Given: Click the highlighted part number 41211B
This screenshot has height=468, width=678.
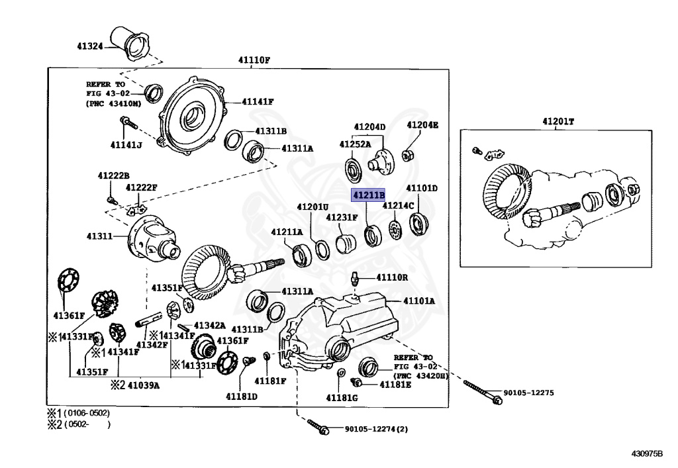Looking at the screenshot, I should click(368, 196).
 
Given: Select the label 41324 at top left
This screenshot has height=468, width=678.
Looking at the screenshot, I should click(89, 47).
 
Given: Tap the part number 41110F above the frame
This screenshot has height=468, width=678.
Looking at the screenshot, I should click(255, 60).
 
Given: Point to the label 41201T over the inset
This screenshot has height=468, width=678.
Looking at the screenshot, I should click(558, 121).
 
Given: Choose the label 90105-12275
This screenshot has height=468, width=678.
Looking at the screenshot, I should click(528, 393).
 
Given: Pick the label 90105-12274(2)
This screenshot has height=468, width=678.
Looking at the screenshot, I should click(376, 429).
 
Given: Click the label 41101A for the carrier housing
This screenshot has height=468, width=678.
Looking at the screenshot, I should click(420, 301).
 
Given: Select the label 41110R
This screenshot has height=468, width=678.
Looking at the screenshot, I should click(392, 277).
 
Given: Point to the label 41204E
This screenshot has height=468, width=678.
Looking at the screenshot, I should click(422, 125).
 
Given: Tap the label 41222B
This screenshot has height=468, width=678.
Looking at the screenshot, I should click(114, 175).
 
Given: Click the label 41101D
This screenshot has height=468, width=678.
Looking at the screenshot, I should click(422, 189).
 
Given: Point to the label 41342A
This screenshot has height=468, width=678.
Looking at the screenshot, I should click(210, 326).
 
